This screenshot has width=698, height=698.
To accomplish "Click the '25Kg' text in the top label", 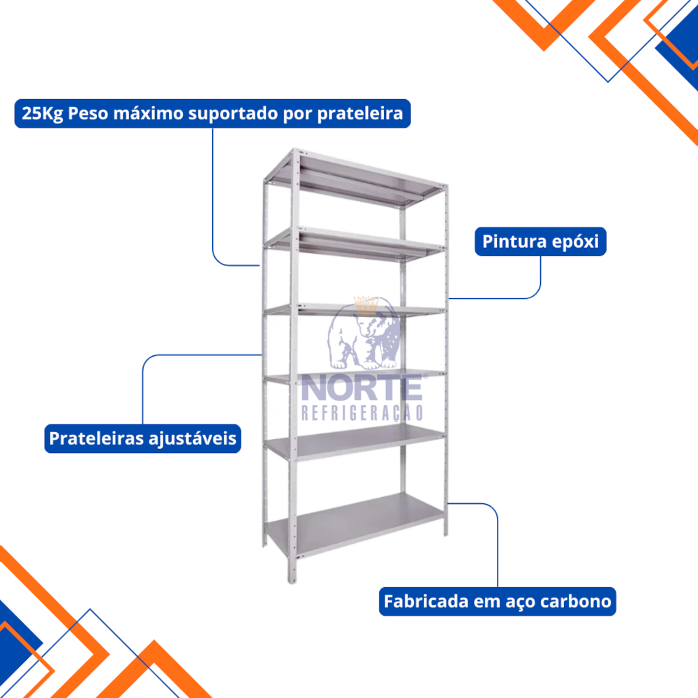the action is click(43, 114).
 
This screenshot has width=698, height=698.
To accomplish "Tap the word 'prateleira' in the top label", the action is click(360, 114).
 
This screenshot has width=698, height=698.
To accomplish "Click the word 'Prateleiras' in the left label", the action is click(96, 438).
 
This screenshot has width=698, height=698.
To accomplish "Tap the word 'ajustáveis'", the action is click(193, 439).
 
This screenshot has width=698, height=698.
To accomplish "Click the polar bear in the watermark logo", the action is click(364, 335).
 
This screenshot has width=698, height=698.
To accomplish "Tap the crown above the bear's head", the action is click(366, 305).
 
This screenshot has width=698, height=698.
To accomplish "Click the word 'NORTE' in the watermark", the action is click(362, 387).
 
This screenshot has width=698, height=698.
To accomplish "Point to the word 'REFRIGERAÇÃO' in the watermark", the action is click(362, 413).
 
